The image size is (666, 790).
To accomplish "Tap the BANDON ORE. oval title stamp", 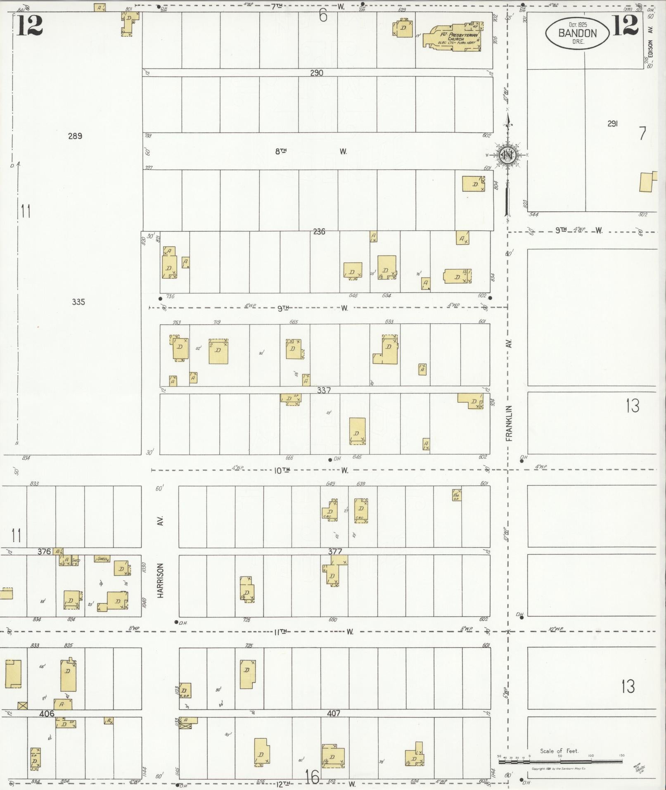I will [x=577, y=32].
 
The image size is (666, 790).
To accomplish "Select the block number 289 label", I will [x=75, y=136].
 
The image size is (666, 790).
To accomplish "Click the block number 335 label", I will [x=78, y=302].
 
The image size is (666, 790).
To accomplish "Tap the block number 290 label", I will [x=317, y=73].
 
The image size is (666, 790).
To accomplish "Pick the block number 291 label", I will [x=612, y=123].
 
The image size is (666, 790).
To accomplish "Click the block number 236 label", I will [x=319, y=232].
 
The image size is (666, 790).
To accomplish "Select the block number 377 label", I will [x=335, y=551].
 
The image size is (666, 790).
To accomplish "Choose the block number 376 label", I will [x=44, y=551].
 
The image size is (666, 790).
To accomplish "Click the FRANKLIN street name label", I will [x=509, y=423].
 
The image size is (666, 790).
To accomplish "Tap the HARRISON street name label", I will [x=161, y=580].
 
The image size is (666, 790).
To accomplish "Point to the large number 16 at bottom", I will [x=313, y=777].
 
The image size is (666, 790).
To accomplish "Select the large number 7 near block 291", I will [x=642, y=133].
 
